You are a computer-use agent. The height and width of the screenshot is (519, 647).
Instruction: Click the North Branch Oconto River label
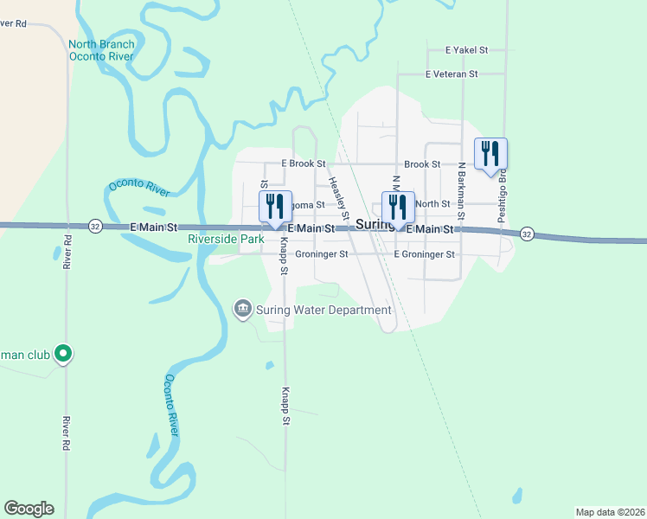[103, 50]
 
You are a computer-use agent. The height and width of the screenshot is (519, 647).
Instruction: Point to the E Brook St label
[302, 163]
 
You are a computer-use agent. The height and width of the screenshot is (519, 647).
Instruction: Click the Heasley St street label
[338, 197]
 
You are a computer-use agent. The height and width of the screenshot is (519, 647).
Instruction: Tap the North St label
[432, 204]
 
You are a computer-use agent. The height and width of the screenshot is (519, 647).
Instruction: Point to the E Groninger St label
[424, 254]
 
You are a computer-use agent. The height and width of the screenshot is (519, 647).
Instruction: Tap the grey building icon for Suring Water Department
[243, 309]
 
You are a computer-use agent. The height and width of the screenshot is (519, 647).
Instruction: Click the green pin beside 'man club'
[62, 353]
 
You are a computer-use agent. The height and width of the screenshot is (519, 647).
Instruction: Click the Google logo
[29, 509]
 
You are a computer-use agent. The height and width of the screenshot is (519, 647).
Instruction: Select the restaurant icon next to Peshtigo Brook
[490, 154]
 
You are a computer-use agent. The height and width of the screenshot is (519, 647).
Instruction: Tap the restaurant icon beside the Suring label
[398, 208]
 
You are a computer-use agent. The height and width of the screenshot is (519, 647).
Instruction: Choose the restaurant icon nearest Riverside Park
[275, 208]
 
